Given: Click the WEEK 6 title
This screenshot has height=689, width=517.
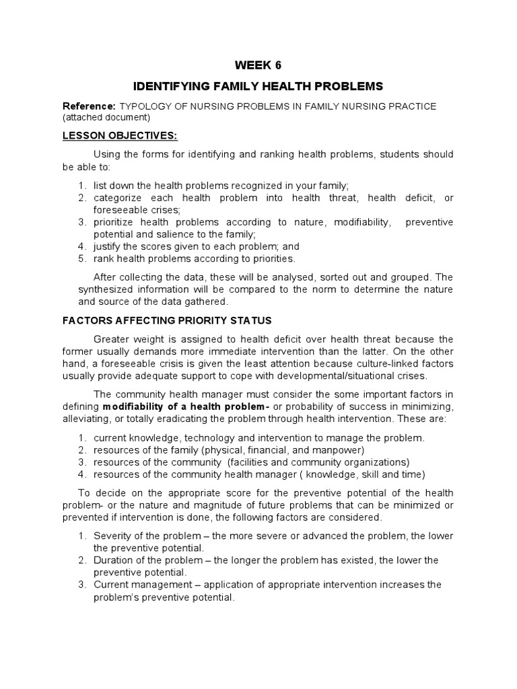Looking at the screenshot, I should (x=258, y=65).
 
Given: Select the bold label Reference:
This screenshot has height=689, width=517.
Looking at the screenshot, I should (x=90, y=106).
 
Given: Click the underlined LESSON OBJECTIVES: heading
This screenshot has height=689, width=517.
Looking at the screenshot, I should (x=120, y=135).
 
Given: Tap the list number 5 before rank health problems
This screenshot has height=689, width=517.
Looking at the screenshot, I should (x=81, y=258).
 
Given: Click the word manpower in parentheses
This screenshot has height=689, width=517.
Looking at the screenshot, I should (x=341, y=450).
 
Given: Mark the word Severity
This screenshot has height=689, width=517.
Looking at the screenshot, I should (x=112, y=536).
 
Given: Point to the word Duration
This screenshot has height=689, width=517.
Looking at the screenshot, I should (x=112, y=560).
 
